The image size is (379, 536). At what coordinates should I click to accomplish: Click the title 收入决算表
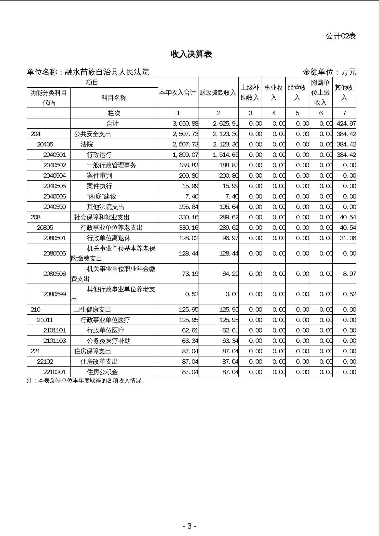[191, 54]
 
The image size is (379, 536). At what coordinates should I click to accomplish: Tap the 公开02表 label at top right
[341, 36]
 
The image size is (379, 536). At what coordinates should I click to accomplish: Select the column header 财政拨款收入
[218, 92]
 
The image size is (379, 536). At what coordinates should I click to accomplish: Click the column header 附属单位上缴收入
[320, 92]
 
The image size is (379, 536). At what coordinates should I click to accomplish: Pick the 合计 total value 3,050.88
[185, 124]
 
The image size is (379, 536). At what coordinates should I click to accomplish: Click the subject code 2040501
[55, 155]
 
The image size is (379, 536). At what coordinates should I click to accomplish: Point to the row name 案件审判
[99, 176]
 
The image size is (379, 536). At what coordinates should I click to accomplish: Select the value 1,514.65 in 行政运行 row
[225, 155]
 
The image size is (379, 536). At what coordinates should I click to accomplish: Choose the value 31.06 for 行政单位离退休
[348, 238]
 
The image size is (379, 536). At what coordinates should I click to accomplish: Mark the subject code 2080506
[55, 274]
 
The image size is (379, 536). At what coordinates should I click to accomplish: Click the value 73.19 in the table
[190, 274]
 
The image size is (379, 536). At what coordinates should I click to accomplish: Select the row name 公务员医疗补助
[109, 341]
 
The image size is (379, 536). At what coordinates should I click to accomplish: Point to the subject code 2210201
[55, 372]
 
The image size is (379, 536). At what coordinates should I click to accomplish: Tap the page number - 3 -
[189, 526]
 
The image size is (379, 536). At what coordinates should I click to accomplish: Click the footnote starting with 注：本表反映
[86, 381]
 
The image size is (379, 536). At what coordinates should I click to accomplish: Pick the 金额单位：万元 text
[329, 72]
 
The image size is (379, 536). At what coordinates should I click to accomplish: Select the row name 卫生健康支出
[92, 310]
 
